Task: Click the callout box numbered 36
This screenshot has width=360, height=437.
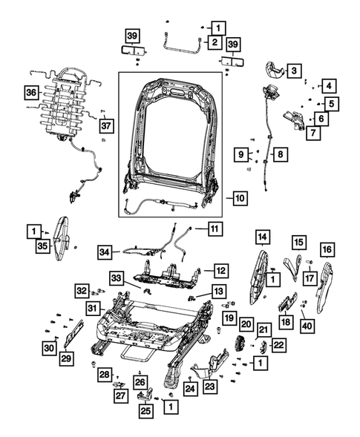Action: coord(30,93)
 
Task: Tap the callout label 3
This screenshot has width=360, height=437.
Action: coord(295,71)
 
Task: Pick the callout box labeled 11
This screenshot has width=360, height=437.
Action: coord(215,228)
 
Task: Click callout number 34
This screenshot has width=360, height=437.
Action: coord(107,253)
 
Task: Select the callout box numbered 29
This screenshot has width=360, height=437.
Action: coord(66,358)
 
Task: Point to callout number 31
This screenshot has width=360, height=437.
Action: coord(91,309)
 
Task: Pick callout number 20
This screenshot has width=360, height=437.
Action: coord(246,323)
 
